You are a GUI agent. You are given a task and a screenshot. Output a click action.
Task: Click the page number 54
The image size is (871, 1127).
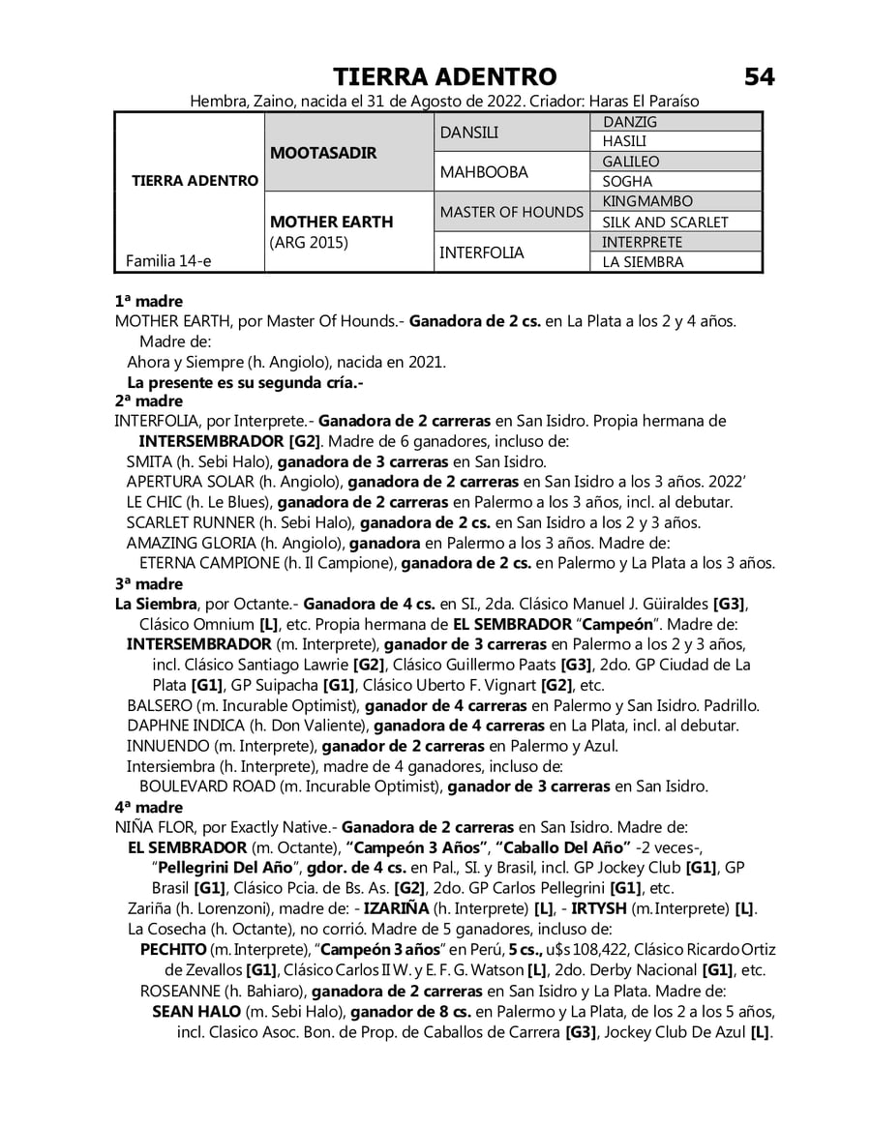coord(759,77)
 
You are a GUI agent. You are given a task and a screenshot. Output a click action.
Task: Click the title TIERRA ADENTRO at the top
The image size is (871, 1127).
coord(444,77)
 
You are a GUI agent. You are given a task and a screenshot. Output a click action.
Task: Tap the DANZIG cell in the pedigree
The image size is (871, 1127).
coord(629,123)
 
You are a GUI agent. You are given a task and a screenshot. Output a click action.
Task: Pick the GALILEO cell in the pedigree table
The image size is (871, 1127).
coord(630,163)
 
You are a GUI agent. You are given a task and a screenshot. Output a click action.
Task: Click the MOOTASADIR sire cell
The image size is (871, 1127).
coord(322,153)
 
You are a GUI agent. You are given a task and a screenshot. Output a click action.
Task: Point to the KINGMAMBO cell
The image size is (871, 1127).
coord(646,202)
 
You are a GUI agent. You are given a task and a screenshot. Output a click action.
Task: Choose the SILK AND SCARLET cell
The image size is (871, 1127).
coord(665,222)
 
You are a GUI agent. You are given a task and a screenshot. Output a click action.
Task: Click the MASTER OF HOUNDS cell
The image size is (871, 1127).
coord(511,213)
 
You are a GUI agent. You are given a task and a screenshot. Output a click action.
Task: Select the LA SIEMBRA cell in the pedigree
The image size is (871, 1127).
coord(642,262)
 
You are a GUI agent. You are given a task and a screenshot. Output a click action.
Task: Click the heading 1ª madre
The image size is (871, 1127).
coord(149,302)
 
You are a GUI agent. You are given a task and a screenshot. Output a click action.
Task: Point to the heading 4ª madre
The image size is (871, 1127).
coord(149,807)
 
